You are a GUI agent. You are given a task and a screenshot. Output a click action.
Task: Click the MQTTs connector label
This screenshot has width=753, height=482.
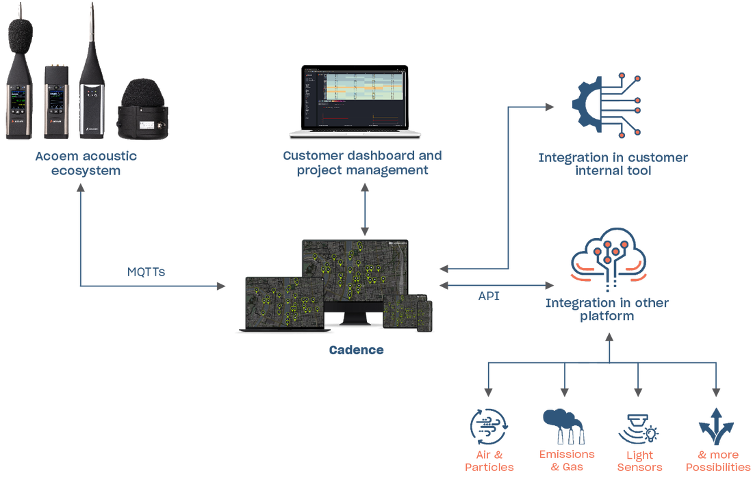(x=146, y=272)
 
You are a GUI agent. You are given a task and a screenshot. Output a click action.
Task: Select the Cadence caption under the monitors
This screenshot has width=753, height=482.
(x=355, y=350)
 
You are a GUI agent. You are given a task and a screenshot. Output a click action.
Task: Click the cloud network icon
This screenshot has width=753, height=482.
(x=609, y=260)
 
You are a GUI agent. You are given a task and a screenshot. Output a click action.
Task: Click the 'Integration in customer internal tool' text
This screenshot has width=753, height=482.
(x=613, y=164)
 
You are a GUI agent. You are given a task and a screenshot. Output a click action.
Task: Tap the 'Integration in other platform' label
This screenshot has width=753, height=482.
(x=608, y=310)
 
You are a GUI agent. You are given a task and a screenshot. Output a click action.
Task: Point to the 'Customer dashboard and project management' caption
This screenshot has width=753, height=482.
(x=363, y=163)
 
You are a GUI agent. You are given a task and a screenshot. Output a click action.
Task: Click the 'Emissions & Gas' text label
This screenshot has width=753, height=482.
(x=567, y=460)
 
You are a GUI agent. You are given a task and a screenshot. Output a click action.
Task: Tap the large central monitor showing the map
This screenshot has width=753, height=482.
(x=355, y=274)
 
